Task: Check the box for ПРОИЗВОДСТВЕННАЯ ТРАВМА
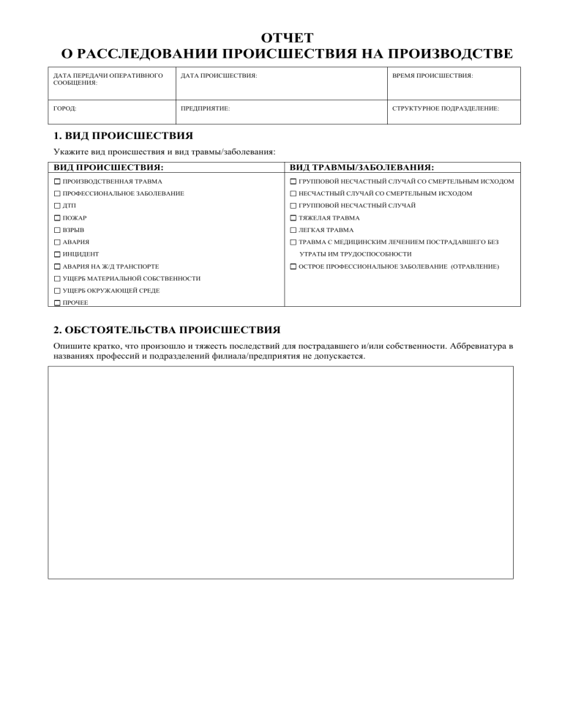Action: click(x=57, y=181)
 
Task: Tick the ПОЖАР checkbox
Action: click(x=57, y=218)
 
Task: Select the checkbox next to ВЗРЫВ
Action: click(x=57, y=230)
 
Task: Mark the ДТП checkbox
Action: click(x=57, y=206)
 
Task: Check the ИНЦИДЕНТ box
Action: click(x=57, y=254)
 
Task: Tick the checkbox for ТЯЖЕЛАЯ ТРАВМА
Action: click(x=293, y=218)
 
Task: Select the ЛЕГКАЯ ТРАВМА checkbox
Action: click(x=293, y=230)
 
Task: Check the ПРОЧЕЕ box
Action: click(x=57, y=302)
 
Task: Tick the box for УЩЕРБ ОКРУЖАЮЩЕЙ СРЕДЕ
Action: click(x=57, y=291)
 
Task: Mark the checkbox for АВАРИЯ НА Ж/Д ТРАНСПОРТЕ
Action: click(x=57, y=267)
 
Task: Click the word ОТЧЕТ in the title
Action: click(x=287, y=38)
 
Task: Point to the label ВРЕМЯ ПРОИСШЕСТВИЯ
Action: click(x=432, y=75)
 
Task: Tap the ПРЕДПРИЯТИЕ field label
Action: click(x=205, y=108)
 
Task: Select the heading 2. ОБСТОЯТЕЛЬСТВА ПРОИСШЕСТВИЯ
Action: click(x=167, y=330)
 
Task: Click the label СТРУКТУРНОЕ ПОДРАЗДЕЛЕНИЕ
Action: click(x=446, y=108)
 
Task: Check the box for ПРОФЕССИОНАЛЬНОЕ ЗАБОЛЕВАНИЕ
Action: click(x=57, y=193)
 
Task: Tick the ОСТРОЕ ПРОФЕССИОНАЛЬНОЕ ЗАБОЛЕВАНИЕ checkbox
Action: click(x=293, y=267)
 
